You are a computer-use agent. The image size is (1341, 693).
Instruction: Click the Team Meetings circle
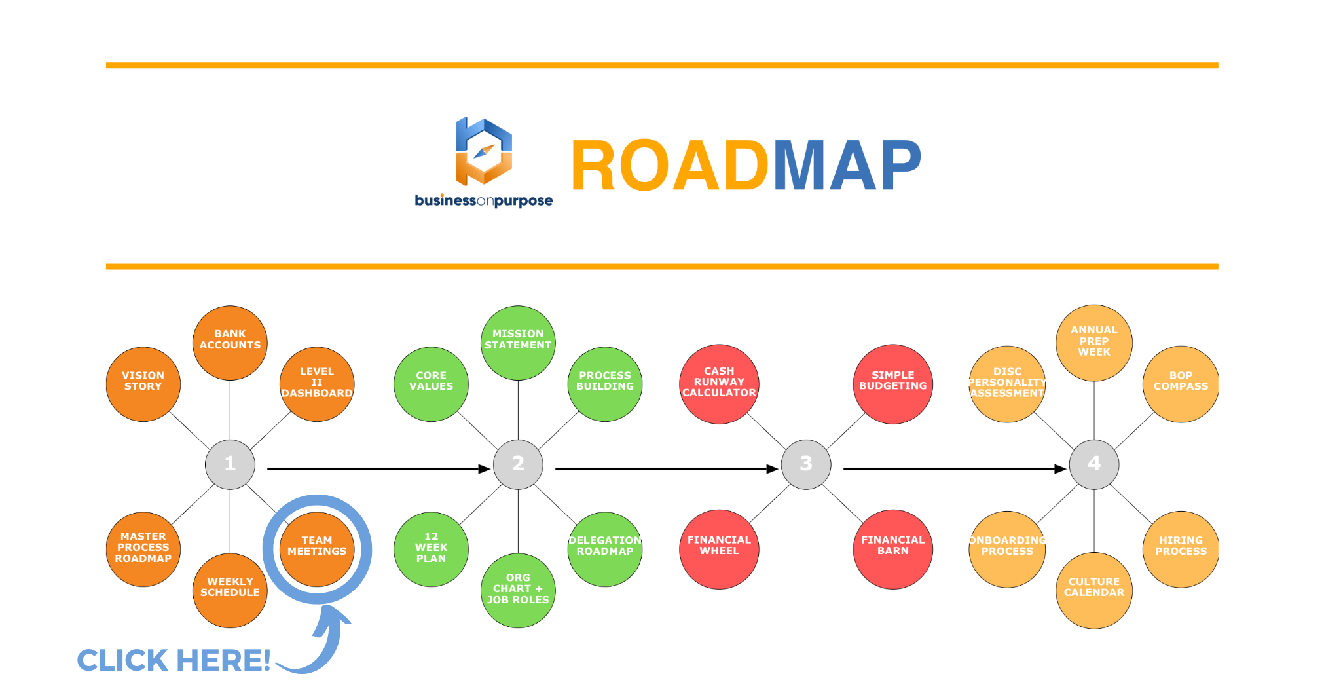(x=317, y=549)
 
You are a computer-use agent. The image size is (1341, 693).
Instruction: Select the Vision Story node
(x=143, y=384)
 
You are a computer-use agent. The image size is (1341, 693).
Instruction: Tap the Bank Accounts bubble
(x=230, y=342)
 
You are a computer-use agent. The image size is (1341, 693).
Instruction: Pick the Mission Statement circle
(x=518, y=342)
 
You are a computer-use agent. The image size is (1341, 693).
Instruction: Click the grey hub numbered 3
(x=806, y=464)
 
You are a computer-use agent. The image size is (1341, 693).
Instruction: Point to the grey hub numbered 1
(x=230, y=464)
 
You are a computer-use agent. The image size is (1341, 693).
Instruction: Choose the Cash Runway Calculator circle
(x=719, y=384)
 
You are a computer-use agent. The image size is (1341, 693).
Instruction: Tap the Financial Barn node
(x=892, y=549)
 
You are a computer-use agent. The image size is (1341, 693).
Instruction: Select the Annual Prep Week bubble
(x=1093, y=342)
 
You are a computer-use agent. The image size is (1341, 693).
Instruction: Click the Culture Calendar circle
(x=1093, y=590)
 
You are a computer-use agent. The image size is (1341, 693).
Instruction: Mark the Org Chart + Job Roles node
(x=518, y=590)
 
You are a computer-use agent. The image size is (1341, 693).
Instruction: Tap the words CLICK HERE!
(x=174, y=660)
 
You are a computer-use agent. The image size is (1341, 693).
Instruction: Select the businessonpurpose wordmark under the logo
(x=484, y=200)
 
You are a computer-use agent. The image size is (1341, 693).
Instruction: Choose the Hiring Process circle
(x=1181, y=549)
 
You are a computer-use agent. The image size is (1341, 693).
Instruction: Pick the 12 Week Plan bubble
(x=431, y=549)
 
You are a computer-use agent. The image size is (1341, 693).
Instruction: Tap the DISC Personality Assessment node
(x=1007, y=384)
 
